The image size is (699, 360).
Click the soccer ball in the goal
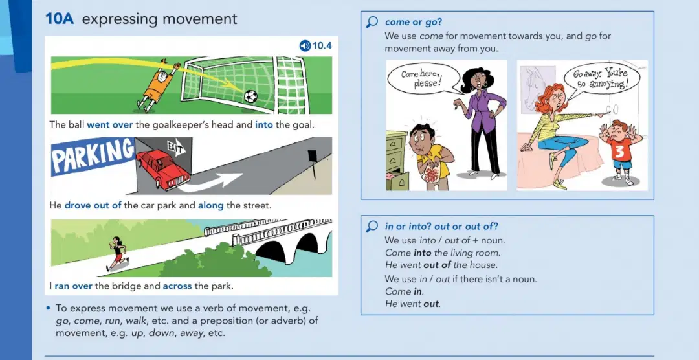point(250,96)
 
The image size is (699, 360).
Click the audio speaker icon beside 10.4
point(305,45)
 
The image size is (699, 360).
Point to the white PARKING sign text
point(93,155)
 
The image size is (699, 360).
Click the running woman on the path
point(117,253)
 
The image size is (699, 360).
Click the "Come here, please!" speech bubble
point(423,78)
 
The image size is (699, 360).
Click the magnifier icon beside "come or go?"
point(372,22)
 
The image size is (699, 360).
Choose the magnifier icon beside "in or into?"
point(372,227)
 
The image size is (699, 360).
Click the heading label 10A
point(60,19)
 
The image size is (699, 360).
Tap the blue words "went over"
point(109,125)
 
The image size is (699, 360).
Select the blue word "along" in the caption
point(211,206)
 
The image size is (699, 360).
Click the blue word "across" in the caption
point(177,286)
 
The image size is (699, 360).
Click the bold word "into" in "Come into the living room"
point(423,253)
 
